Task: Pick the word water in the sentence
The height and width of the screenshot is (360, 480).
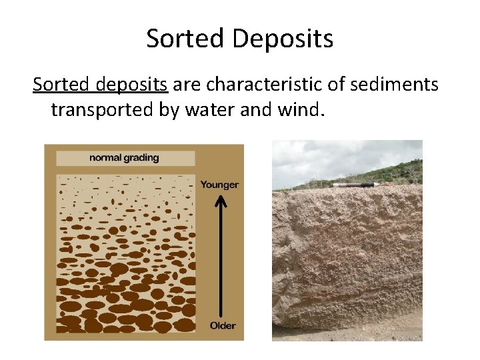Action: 215,109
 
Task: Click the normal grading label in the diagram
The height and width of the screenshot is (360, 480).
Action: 125,158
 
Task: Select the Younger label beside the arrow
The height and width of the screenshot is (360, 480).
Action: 219,185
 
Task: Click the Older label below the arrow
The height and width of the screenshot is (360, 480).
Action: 222,326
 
